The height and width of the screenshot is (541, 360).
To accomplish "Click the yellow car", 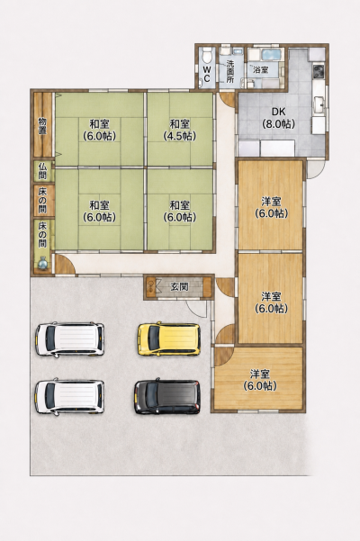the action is coord(169,339).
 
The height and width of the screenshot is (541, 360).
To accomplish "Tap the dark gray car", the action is coord(167,397).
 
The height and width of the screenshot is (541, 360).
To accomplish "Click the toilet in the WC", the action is coord(207,54).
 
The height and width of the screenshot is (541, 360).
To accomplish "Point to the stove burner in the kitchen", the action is coord(318,71).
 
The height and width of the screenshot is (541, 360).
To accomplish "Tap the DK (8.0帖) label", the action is coord(279,118).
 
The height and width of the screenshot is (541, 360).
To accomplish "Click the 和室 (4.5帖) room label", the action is coord(180,130).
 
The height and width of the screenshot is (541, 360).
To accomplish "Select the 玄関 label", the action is coord(180,286).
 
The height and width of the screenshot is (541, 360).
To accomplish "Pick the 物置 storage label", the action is coord(42,126).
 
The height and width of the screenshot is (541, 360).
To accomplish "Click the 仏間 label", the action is coord(42,171).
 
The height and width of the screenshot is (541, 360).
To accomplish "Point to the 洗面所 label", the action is coord(230,71).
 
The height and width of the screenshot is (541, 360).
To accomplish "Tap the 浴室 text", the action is coord(261,69).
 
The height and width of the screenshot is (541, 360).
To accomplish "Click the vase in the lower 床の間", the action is coord(42,263).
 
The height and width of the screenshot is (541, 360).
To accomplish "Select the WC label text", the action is coord(207,74).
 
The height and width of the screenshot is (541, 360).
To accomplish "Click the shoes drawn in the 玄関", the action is coord(150,287).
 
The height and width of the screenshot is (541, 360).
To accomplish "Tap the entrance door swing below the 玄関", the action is coord(197,308).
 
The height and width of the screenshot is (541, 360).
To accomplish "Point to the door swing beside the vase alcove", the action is coord(65,265).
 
